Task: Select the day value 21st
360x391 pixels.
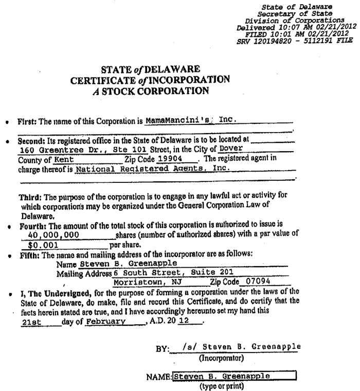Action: tap(34, 322)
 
